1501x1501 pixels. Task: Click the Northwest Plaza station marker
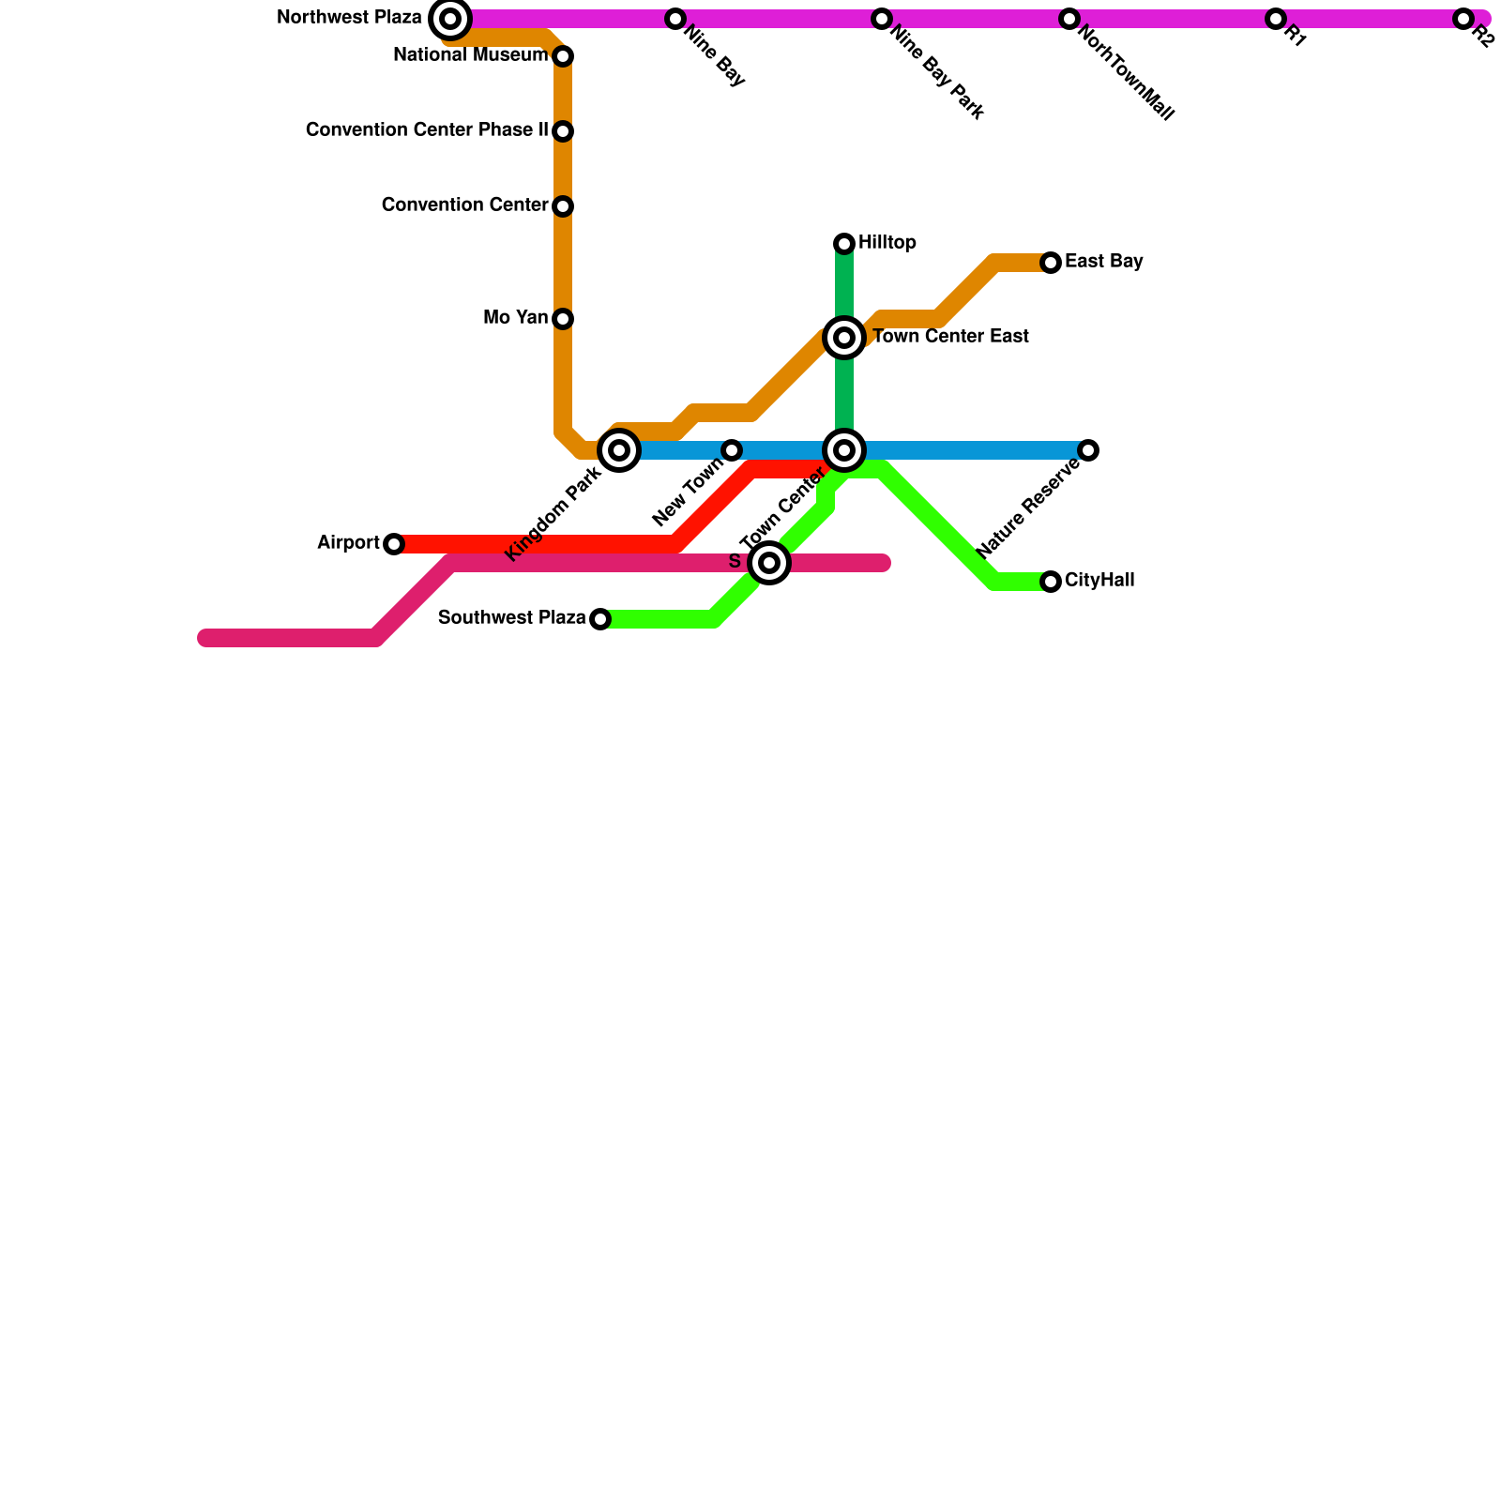[450, 19]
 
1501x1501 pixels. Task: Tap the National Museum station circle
[563, 56]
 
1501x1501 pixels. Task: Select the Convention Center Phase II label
[427, 130]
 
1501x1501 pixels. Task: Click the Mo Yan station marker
[563, 319]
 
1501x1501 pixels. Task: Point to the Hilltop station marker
[844, 244]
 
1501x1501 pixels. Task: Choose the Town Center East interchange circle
[844, 338]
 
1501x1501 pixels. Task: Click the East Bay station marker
[1051, 263]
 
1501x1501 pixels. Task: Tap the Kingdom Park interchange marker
[619, 450]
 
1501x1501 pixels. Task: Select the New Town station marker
[732, 450]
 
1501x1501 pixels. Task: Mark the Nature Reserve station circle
[1088, 450]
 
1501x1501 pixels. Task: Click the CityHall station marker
[1051, 582]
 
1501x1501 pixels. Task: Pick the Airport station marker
[394, 544]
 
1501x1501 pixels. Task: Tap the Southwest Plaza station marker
[600, 619]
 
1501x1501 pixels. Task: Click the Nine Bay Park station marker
[881, 19]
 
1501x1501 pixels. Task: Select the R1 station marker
[1275, 19]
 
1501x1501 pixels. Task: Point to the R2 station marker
[1463, 19]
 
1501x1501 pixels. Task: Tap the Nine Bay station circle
[675, 19]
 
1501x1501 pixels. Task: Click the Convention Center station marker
[563, 206]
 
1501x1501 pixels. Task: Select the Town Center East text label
[950, 337]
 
